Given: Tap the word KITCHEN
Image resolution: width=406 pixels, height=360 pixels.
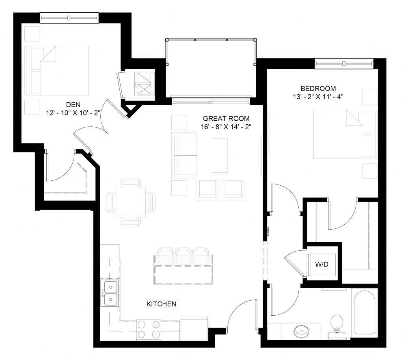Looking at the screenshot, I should coord(162,304).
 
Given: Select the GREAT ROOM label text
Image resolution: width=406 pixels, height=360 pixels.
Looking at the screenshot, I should coord(226,119).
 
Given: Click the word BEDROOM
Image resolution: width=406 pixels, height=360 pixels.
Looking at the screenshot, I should coord(318,89).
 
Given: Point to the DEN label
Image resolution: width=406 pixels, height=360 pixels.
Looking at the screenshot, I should coord(73,104).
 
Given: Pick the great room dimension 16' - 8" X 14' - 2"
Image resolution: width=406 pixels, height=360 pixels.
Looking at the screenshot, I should coord(226,127).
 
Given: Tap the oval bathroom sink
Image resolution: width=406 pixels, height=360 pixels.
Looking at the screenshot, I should coord(301,330).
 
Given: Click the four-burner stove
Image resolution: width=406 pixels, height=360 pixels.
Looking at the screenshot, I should coord(149,329).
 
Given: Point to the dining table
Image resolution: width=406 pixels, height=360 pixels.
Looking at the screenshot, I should coord(131,202).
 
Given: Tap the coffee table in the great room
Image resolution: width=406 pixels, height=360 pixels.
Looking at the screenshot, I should coord(220,155).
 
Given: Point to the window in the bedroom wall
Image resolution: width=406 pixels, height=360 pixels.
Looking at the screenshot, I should coord(344,63).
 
